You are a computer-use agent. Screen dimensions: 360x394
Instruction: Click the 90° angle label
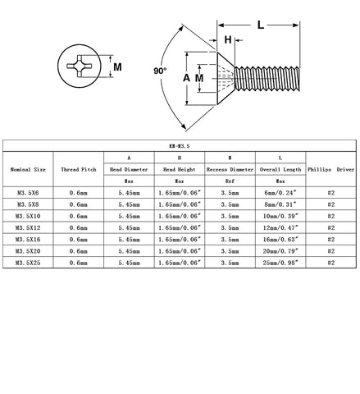160,71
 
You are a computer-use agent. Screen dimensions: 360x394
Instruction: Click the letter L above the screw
261,25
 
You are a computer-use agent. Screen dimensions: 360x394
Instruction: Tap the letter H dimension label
228,40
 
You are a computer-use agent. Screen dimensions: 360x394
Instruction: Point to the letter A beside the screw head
186,78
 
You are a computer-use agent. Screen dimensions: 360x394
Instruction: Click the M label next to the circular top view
117,67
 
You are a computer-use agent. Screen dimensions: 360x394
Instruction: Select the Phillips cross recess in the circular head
80,66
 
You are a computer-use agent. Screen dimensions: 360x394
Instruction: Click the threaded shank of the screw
267,79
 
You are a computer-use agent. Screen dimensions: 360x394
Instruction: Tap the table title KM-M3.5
180,146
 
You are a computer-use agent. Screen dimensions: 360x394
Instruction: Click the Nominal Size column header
28,170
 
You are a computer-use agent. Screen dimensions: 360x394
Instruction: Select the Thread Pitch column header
79,170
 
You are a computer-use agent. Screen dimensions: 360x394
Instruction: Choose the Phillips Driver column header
331,170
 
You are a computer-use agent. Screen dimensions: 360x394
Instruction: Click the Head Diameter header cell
129,170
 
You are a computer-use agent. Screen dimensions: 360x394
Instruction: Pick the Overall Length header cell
280,170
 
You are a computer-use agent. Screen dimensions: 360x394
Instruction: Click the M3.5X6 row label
28,193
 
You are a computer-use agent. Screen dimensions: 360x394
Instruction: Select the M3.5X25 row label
28,263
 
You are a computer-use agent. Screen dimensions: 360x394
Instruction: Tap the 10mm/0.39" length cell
280,216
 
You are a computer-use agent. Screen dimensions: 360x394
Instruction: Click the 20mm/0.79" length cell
280,251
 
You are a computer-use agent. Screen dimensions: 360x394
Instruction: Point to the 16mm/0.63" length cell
280,240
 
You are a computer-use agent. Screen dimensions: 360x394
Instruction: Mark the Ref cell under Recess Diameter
230,181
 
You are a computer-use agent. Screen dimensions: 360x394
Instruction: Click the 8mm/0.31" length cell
280,204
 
